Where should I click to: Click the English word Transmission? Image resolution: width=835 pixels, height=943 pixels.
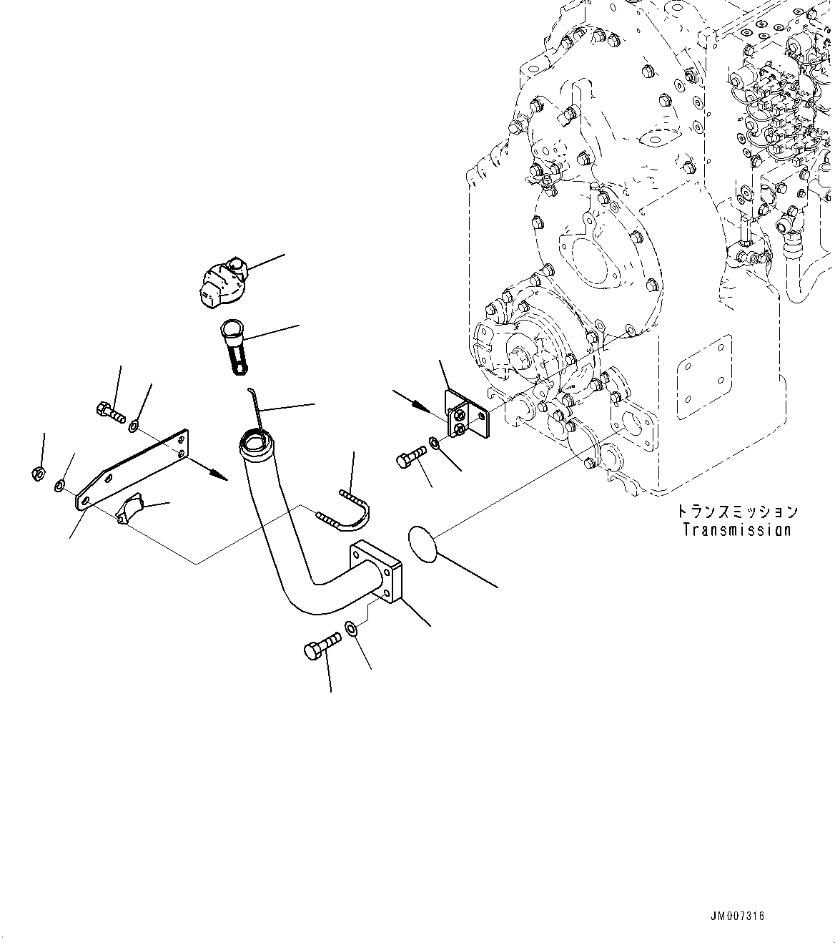click(736, 530)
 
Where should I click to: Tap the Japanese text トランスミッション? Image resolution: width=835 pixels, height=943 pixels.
click(736, 512)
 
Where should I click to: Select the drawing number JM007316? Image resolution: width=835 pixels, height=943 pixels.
click(736, 916)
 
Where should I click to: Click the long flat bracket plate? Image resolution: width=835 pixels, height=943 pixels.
click(133, 469)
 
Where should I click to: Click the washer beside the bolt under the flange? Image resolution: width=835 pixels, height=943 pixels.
click(352, 628)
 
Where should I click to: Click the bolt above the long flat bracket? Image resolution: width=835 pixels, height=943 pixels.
click(110, 411)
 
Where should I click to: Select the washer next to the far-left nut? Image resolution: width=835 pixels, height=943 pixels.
click(59, 487)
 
